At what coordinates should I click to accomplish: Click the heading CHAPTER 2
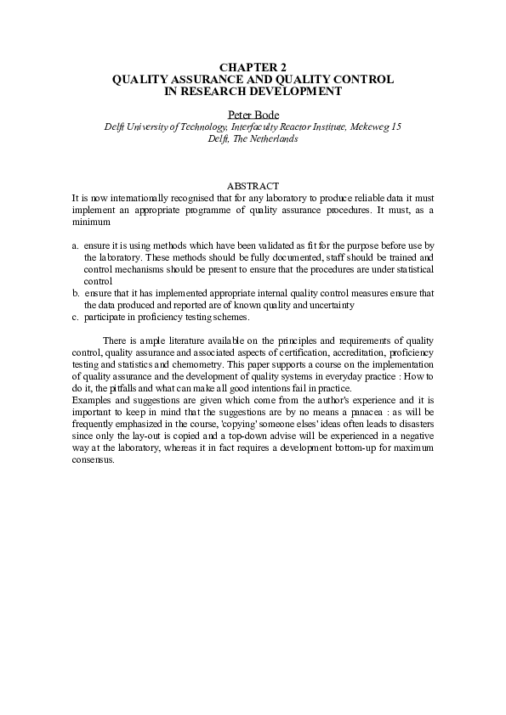253,66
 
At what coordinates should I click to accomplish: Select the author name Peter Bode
253,115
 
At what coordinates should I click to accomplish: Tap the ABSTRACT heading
253,186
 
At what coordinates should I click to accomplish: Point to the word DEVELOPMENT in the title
289,90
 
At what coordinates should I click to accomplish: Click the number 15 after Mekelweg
395,127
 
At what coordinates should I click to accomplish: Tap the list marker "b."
76,293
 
